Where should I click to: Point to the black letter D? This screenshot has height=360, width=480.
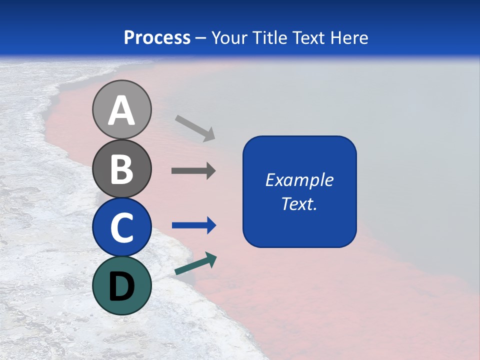click(121, 287)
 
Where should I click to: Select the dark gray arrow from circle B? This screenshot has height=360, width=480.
click(193, 171)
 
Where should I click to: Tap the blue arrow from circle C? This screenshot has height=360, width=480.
click(193, 225)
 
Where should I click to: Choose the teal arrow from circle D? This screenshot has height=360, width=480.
click(195, 264)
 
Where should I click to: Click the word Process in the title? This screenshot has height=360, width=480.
click(157, 37)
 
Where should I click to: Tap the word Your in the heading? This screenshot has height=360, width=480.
click(230, 37)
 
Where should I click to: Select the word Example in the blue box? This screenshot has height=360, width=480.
click(299, 180)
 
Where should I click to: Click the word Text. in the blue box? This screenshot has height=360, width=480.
click(299, 203)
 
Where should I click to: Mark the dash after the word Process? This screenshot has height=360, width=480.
click(201, 38)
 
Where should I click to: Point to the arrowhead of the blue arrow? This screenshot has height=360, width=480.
click(211, 225)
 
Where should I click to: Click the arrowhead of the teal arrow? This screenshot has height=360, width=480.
click(211, 259)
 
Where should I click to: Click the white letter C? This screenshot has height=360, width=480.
click(121, 228)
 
